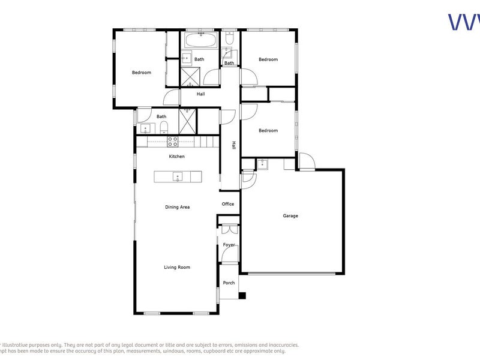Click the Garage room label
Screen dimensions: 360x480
pyautogui.click(x=290, y=216)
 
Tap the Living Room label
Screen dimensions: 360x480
pyautogui.click(x=177, y=267)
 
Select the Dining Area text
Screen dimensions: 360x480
pyautogui.click(x=178, y=207)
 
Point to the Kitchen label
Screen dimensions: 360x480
pyautogui.click(x=176, y=157)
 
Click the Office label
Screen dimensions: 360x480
pyautogui.click(x=228, y=204)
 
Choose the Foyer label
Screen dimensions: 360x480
pyautogui.click(x=229, y=245)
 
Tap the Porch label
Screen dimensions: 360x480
pyautogui.click(x=229, y=283)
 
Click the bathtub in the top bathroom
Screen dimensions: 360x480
pyautogui.click(x=201, y=41)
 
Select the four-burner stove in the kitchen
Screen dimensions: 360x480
pyautogui.click(x=172, y=142)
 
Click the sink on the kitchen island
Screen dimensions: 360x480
pyautogui.click(x=178, y=176)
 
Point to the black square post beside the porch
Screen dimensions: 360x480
pyautogui.click(x=242, y=295)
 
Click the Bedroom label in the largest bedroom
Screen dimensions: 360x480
pyautogui.click(x=142, y=73)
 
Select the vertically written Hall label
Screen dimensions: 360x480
pyautogui.click(x=234, y=145)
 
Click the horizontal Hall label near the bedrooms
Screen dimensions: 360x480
pyautogui.click(x=201, y=94)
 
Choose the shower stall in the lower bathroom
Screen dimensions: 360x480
pyautogui.click(x=187, y=122)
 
